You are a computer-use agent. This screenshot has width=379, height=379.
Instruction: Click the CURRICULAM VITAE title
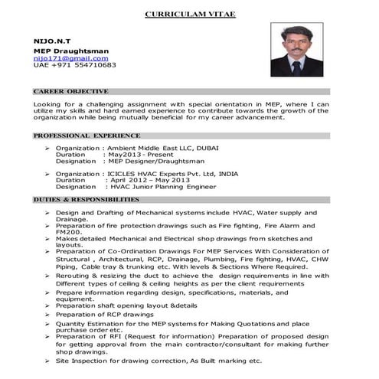188,14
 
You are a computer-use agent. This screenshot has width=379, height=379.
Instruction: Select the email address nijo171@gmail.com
65,57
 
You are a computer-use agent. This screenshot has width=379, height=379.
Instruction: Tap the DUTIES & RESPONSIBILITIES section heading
86,199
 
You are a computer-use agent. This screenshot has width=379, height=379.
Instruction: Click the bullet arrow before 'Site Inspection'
47,361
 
